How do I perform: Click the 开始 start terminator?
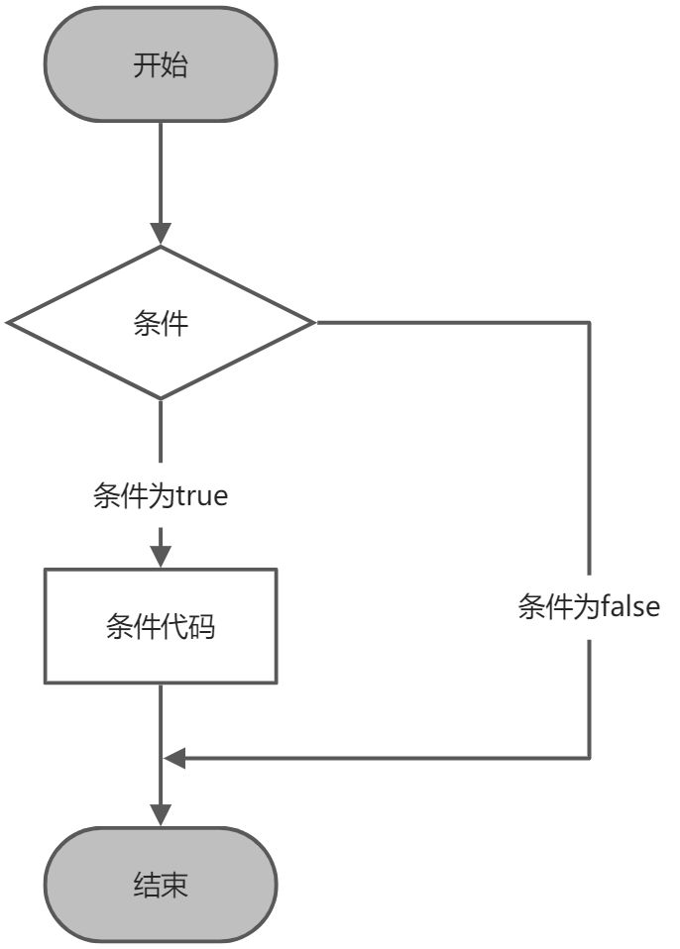(x=161, y=65)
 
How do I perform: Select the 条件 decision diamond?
(x=161, y=323)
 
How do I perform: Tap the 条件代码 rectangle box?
(x=161, y=626)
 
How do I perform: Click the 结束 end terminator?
(x=161, y=885)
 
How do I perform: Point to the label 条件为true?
(x=161, y=495)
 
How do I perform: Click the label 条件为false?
(x=589, y=606)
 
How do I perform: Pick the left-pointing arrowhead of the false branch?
(x=175, y=759)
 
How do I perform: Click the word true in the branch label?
(x=202, y=495)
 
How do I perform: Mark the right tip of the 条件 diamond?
(x=314, y=323)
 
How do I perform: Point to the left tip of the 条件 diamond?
(x=8, y=323)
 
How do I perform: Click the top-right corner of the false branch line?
(x=590, y=323)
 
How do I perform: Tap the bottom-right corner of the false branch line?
(x=590, y=759)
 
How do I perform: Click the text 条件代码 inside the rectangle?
(x=161, y=626)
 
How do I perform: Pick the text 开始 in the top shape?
(x=161, y=65)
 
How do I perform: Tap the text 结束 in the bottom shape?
(x=161, y=885)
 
